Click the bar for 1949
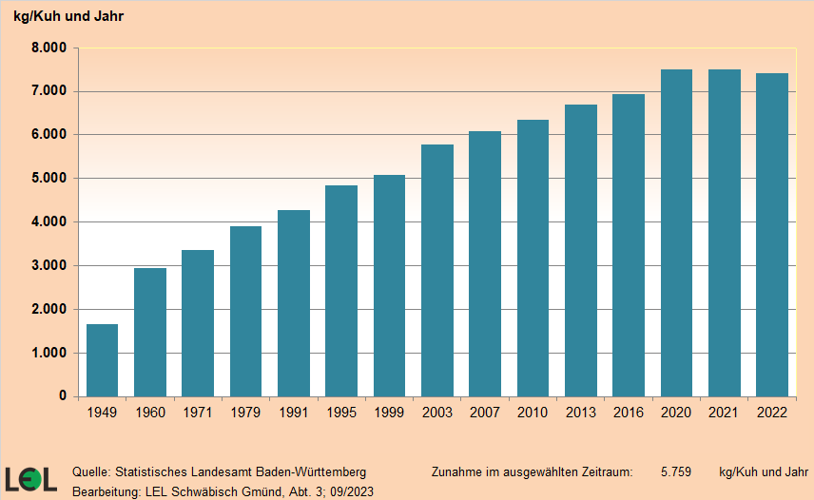102,360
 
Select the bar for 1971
198,323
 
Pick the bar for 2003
436,270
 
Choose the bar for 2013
580,250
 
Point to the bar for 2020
676,233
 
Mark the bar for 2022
772,235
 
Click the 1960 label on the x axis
150,413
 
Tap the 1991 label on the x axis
293,413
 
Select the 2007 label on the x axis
484,413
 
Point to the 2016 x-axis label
628,413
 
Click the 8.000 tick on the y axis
48,48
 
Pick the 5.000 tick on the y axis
48,179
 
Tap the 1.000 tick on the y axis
48,353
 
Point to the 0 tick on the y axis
63,396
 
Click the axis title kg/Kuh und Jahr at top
68,16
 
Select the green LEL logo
30,479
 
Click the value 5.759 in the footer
675,471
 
